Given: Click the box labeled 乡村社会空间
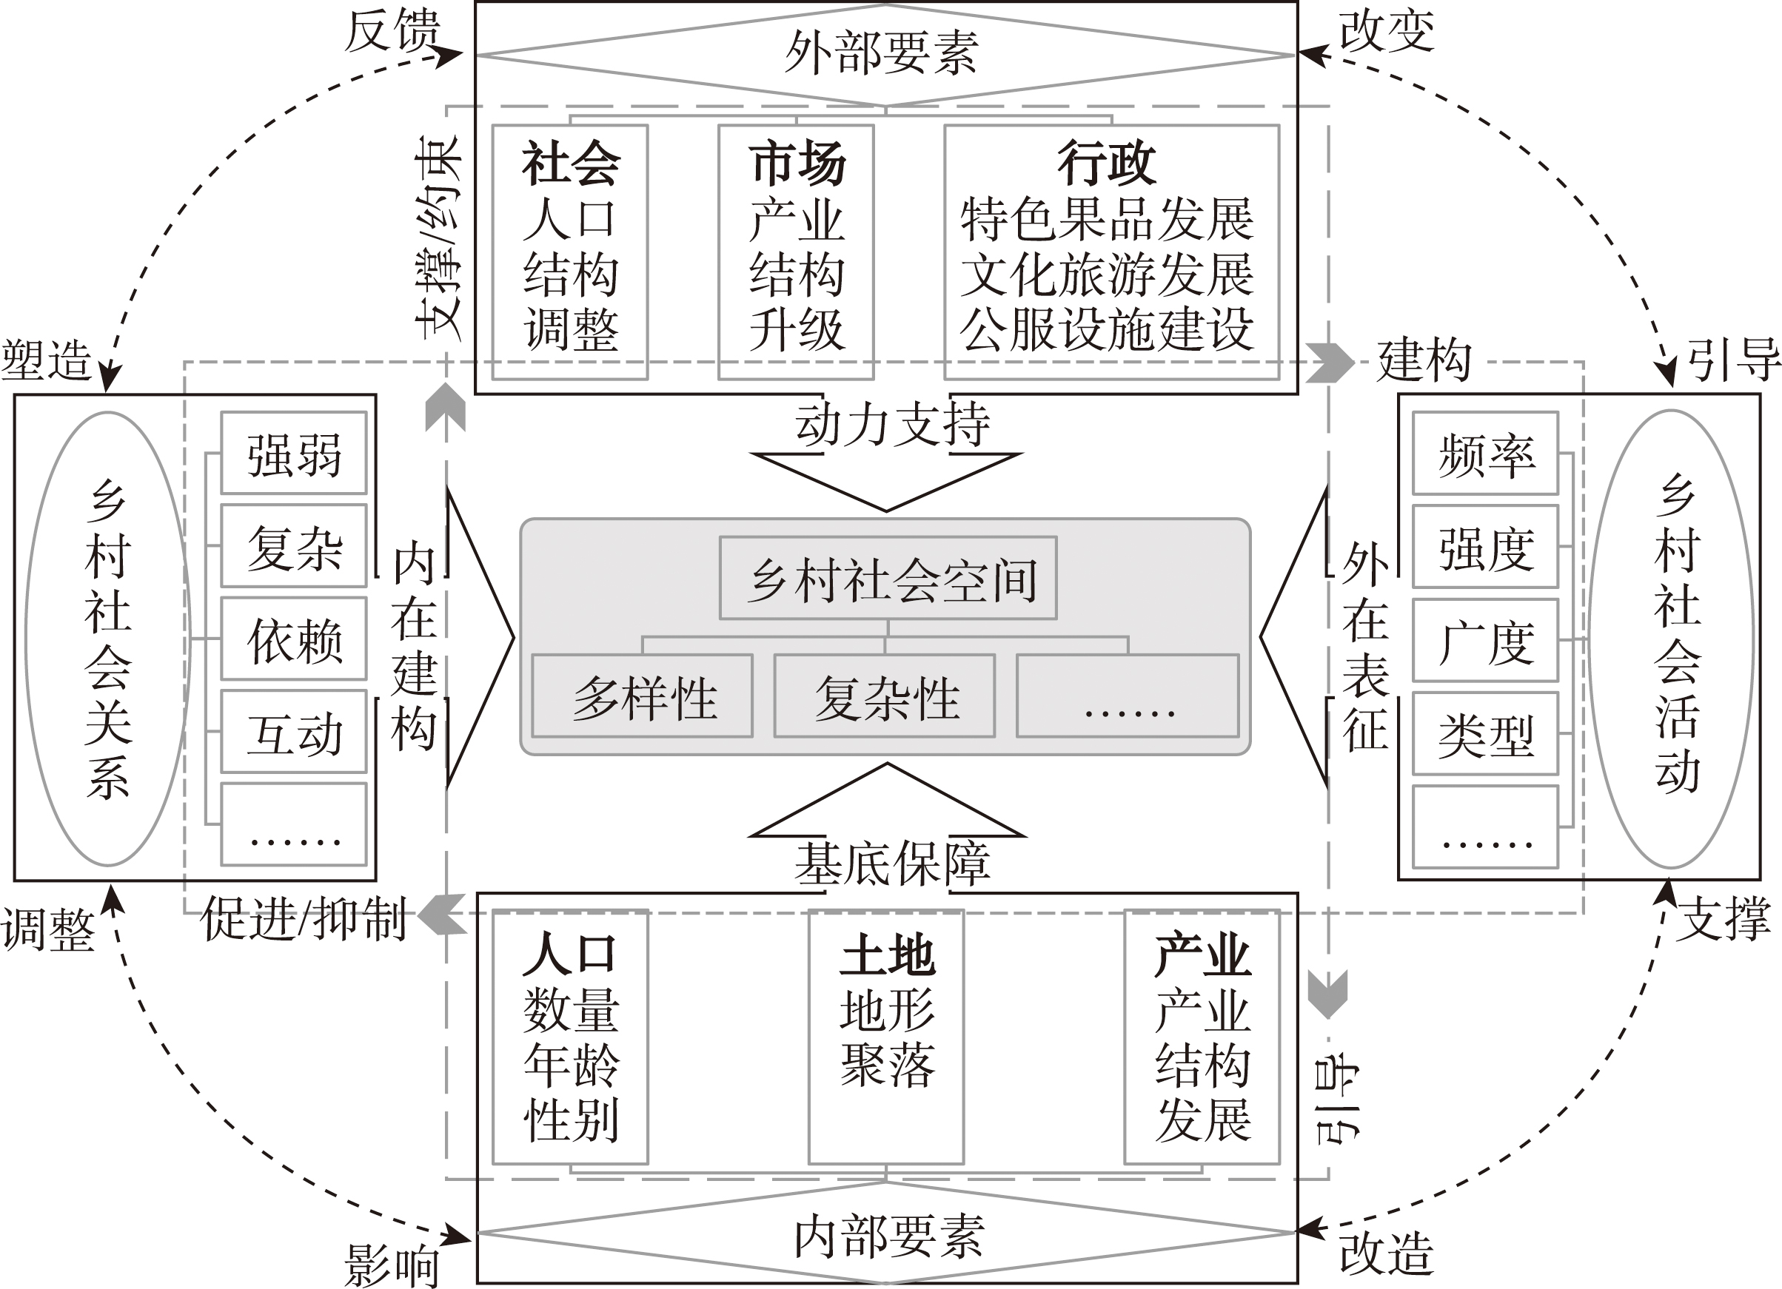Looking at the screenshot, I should point(888,578).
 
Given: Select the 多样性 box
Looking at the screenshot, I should point(643,696).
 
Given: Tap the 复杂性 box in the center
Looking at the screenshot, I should point(885,696).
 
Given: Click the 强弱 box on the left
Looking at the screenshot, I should point(294,454).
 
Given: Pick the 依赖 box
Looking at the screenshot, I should point(294,639).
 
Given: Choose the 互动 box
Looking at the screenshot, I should point(294,732).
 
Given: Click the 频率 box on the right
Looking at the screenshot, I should point(1485,454).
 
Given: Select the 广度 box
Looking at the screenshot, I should point(1485,640).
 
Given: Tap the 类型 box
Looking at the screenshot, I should point(1485,733).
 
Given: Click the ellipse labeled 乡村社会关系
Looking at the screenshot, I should point(107,638).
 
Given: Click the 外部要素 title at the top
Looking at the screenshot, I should point(885,53).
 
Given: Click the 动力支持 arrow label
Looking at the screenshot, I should point(891,424).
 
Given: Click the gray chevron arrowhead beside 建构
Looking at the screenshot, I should point(1330,362).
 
